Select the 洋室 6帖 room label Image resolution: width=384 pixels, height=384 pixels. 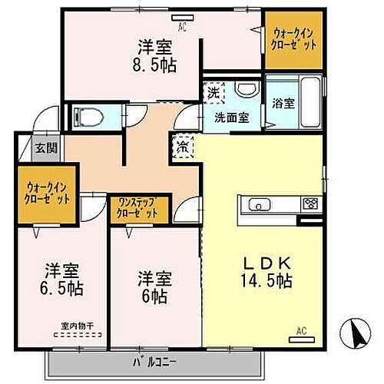click(x=154, y=286)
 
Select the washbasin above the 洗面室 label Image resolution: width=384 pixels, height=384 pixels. click(x=245, y=91)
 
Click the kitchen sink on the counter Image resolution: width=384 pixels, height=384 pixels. click(x=257, y=204)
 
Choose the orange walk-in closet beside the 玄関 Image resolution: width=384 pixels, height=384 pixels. click(x=46, y=192)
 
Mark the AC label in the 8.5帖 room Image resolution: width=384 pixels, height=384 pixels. click(x=182, y=24)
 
